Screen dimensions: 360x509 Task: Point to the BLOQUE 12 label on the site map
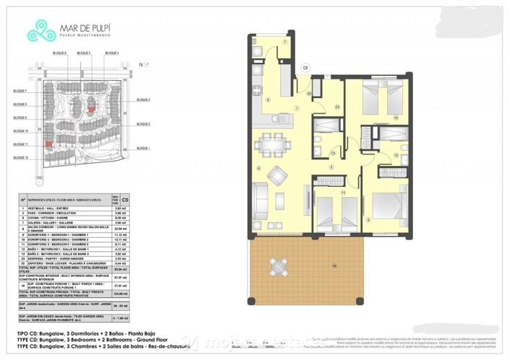click(20, 157)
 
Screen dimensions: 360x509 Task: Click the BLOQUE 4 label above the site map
click(112, 53)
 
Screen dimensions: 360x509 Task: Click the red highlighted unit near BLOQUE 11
click(48, 144)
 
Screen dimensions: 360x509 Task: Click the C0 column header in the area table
click(125, 202)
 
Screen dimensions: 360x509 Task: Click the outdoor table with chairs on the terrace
click(277, 266)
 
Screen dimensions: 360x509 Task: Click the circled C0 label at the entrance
click(305, 68)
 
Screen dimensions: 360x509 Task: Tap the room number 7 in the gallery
click(284, 43)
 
